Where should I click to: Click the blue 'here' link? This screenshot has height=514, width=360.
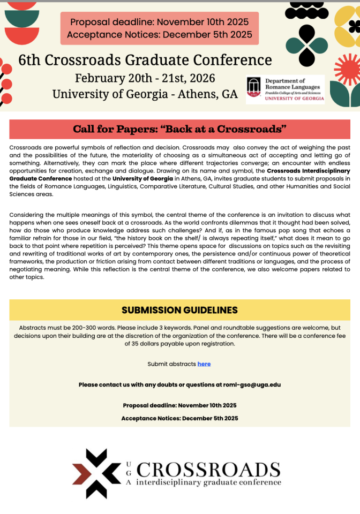click(204, 364)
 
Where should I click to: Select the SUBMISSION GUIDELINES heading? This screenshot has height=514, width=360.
click(179, 310)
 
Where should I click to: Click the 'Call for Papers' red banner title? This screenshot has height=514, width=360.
click(179, 129)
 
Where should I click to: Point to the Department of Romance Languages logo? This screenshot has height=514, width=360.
click(285, 89)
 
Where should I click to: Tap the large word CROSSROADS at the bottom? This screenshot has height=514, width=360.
click(209, 469)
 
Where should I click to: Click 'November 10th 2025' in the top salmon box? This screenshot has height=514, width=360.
click(203, 22)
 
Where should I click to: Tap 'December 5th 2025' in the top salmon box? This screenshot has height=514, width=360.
click(207, 35)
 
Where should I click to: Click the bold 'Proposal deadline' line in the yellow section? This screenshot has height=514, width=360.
click(179, 405)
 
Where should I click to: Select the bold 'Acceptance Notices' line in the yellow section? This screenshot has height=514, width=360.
click(179, 418)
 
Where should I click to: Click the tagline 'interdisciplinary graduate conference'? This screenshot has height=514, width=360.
click(209, 483)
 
